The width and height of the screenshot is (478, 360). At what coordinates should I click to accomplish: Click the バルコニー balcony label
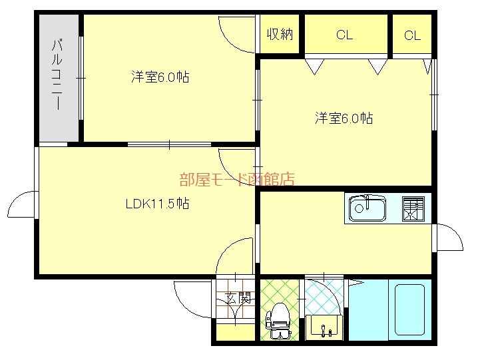pos(58,75)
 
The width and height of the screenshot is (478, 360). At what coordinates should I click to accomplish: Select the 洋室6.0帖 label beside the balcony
pos(160,77)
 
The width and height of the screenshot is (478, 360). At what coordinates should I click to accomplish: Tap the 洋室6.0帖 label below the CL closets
pos(344,118)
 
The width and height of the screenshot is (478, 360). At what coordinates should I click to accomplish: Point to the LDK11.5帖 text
pos(157,204)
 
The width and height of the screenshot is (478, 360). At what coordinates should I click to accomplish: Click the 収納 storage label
pos(280,35)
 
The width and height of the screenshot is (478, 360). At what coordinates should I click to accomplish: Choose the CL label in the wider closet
pos(344,35)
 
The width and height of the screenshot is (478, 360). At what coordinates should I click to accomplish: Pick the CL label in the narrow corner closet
pos(412,36)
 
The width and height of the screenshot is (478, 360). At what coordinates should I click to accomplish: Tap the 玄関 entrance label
pos(237,297)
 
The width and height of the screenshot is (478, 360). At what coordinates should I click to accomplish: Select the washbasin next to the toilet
pos(324,326)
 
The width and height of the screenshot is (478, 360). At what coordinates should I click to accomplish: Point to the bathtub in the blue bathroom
pos(409,310)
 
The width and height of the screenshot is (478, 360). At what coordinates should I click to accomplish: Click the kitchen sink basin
pos(367,208)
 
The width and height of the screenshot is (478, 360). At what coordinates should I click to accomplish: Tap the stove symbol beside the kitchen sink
pos(413,208)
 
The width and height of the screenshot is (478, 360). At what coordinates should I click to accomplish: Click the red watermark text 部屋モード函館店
pos(236,179)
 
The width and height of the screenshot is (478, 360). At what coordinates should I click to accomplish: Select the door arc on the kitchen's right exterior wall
pos(449,237)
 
